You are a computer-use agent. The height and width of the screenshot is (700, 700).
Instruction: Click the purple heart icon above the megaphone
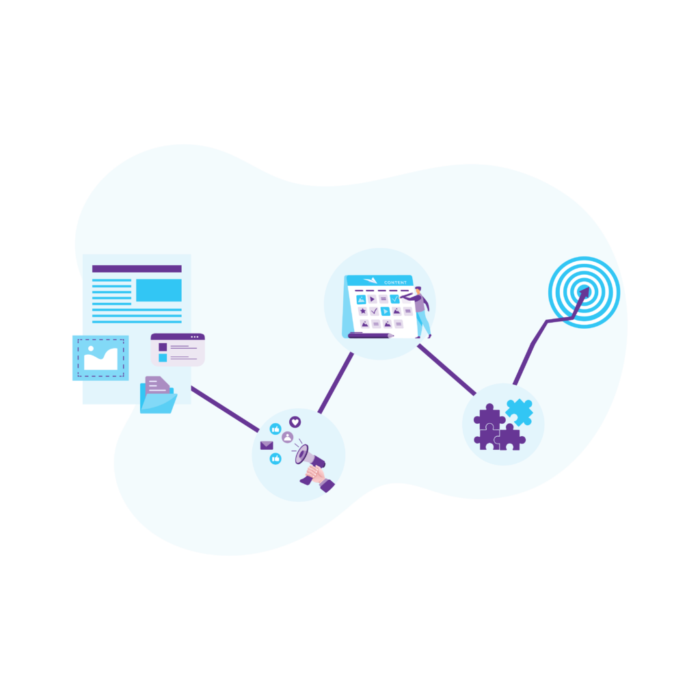[x=295, y=422]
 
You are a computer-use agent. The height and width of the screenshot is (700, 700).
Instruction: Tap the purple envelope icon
[x=266, y=446]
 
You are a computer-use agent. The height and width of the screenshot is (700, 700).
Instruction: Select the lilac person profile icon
[x=287, y=437]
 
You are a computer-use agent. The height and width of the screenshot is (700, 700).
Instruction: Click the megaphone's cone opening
[x=301, y=454]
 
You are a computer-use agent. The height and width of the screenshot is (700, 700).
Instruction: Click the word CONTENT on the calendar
[x=395, y=282]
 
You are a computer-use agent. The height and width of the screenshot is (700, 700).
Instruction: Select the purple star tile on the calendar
[x=362, y=311]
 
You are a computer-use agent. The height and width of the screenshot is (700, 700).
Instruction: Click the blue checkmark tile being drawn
[x=394, y=299]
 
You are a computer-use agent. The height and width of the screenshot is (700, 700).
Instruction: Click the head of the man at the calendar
[x=418, y=291]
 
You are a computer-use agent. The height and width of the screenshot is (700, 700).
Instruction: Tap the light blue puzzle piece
[x=519, y=412]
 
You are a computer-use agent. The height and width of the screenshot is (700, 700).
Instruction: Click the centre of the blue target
[x=584, y=293]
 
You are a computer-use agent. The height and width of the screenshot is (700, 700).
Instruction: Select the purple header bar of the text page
[x=137, y=269]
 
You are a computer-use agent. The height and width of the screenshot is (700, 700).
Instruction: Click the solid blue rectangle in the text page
[x=159, y=290]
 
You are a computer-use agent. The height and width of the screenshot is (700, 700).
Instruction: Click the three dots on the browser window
[x=196, y=337]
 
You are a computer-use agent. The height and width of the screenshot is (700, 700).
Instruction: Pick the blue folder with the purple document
[x=158, y=396]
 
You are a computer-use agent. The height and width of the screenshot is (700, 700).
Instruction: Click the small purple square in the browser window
[x=163, y=347]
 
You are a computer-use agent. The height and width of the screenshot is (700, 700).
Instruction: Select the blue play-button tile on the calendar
[x=385, y=311]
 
